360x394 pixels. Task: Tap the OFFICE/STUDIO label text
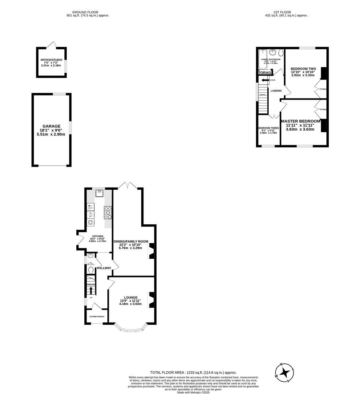[x=51, y=59]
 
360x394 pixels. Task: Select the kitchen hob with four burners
[x=108, y=212]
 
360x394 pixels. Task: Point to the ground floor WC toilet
[x=91, y=270]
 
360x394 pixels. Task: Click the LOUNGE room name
[x=130, y=297]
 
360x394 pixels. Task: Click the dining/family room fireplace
[x=152, y=251]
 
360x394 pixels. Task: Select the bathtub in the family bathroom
[x=261, y=60]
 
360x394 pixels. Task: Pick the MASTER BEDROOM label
[x=300, y=121]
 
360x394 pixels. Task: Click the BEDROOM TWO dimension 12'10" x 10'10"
[x=303, y=72]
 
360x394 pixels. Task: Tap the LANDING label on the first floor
[x=276, y=91]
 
